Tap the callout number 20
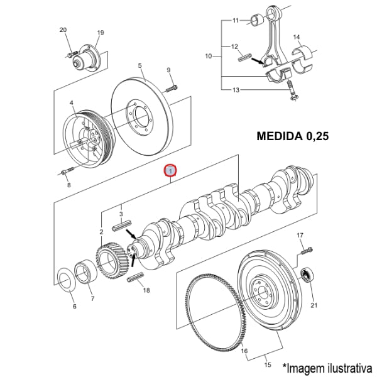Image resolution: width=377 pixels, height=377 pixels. click(63, 30)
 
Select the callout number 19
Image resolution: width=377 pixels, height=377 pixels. click(100, 33)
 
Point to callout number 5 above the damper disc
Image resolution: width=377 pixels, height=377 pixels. click(139, 65)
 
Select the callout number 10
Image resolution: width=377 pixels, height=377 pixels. click(209, 57)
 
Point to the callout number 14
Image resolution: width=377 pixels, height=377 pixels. click(297, 37)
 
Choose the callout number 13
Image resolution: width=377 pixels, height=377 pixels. click(235, 90)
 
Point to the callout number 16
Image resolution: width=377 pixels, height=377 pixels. click(244, 351)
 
